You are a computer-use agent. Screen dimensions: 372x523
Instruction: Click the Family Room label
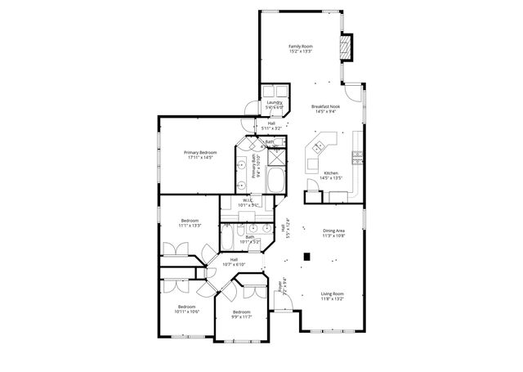point(300,47)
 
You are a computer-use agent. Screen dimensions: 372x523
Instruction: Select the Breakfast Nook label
point(325,107)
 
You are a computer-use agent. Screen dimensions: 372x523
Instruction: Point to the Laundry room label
point(274,103)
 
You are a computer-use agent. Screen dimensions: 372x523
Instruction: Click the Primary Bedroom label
point(199,153)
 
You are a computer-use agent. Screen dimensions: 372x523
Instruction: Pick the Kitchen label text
point(331,173)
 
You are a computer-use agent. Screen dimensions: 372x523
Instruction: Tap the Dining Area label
point(333,231)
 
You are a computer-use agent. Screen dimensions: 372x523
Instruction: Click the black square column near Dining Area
point(306,256)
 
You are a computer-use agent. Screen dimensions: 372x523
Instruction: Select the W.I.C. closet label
point(248,200)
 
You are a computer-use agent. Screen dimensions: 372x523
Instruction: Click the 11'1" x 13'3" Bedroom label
point(190,221)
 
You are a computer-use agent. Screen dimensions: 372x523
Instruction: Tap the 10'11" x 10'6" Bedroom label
point(187,307)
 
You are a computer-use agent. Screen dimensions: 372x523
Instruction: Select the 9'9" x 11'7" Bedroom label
point(241,312)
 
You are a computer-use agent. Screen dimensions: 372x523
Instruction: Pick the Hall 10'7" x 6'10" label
point(235,261)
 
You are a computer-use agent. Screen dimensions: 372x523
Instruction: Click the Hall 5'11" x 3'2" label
point(271,125)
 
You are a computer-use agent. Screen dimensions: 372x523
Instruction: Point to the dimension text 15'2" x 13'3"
point(300,52)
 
